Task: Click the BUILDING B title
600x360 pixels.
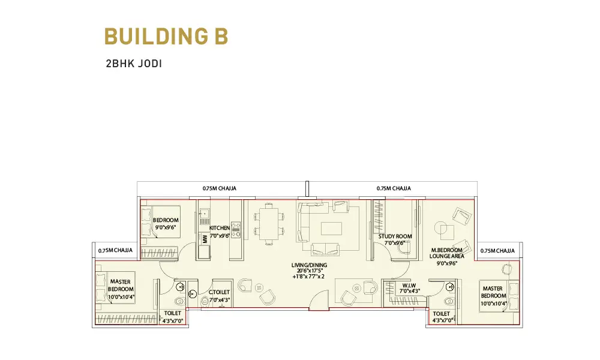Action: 166,37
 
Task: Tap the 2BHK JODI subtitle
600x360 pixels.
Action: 134,64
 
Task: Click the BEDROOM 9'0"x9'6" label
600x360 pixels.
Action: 166,223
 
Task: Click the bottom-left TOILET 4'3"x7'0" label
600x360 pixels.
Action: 173,317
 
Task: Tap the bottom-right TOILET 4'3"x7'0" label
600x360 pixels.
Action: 443,317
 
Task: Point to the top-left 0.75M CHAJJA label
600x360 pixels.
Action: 219,188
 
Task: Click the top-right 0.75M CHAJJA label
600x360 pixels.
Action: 394,188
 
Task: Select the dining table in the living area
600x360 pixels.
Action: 269,224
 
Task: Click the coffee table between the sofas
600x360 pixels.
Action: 332,229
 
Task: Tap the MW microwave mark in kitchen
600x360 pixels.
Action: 205,239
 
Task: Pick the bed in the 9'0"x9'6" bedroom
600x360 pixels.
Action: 160,222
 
